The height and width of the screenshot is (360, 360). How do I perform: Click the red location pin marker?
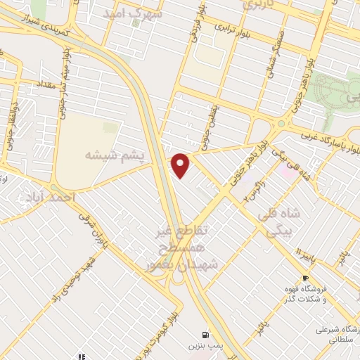[181, 165]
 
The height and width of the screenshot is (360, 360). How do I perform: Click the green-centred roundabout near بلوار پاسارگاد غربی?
[282, 124]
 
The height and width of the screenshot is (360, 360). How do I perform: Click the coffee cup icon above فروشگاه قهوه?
[306, 278]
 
